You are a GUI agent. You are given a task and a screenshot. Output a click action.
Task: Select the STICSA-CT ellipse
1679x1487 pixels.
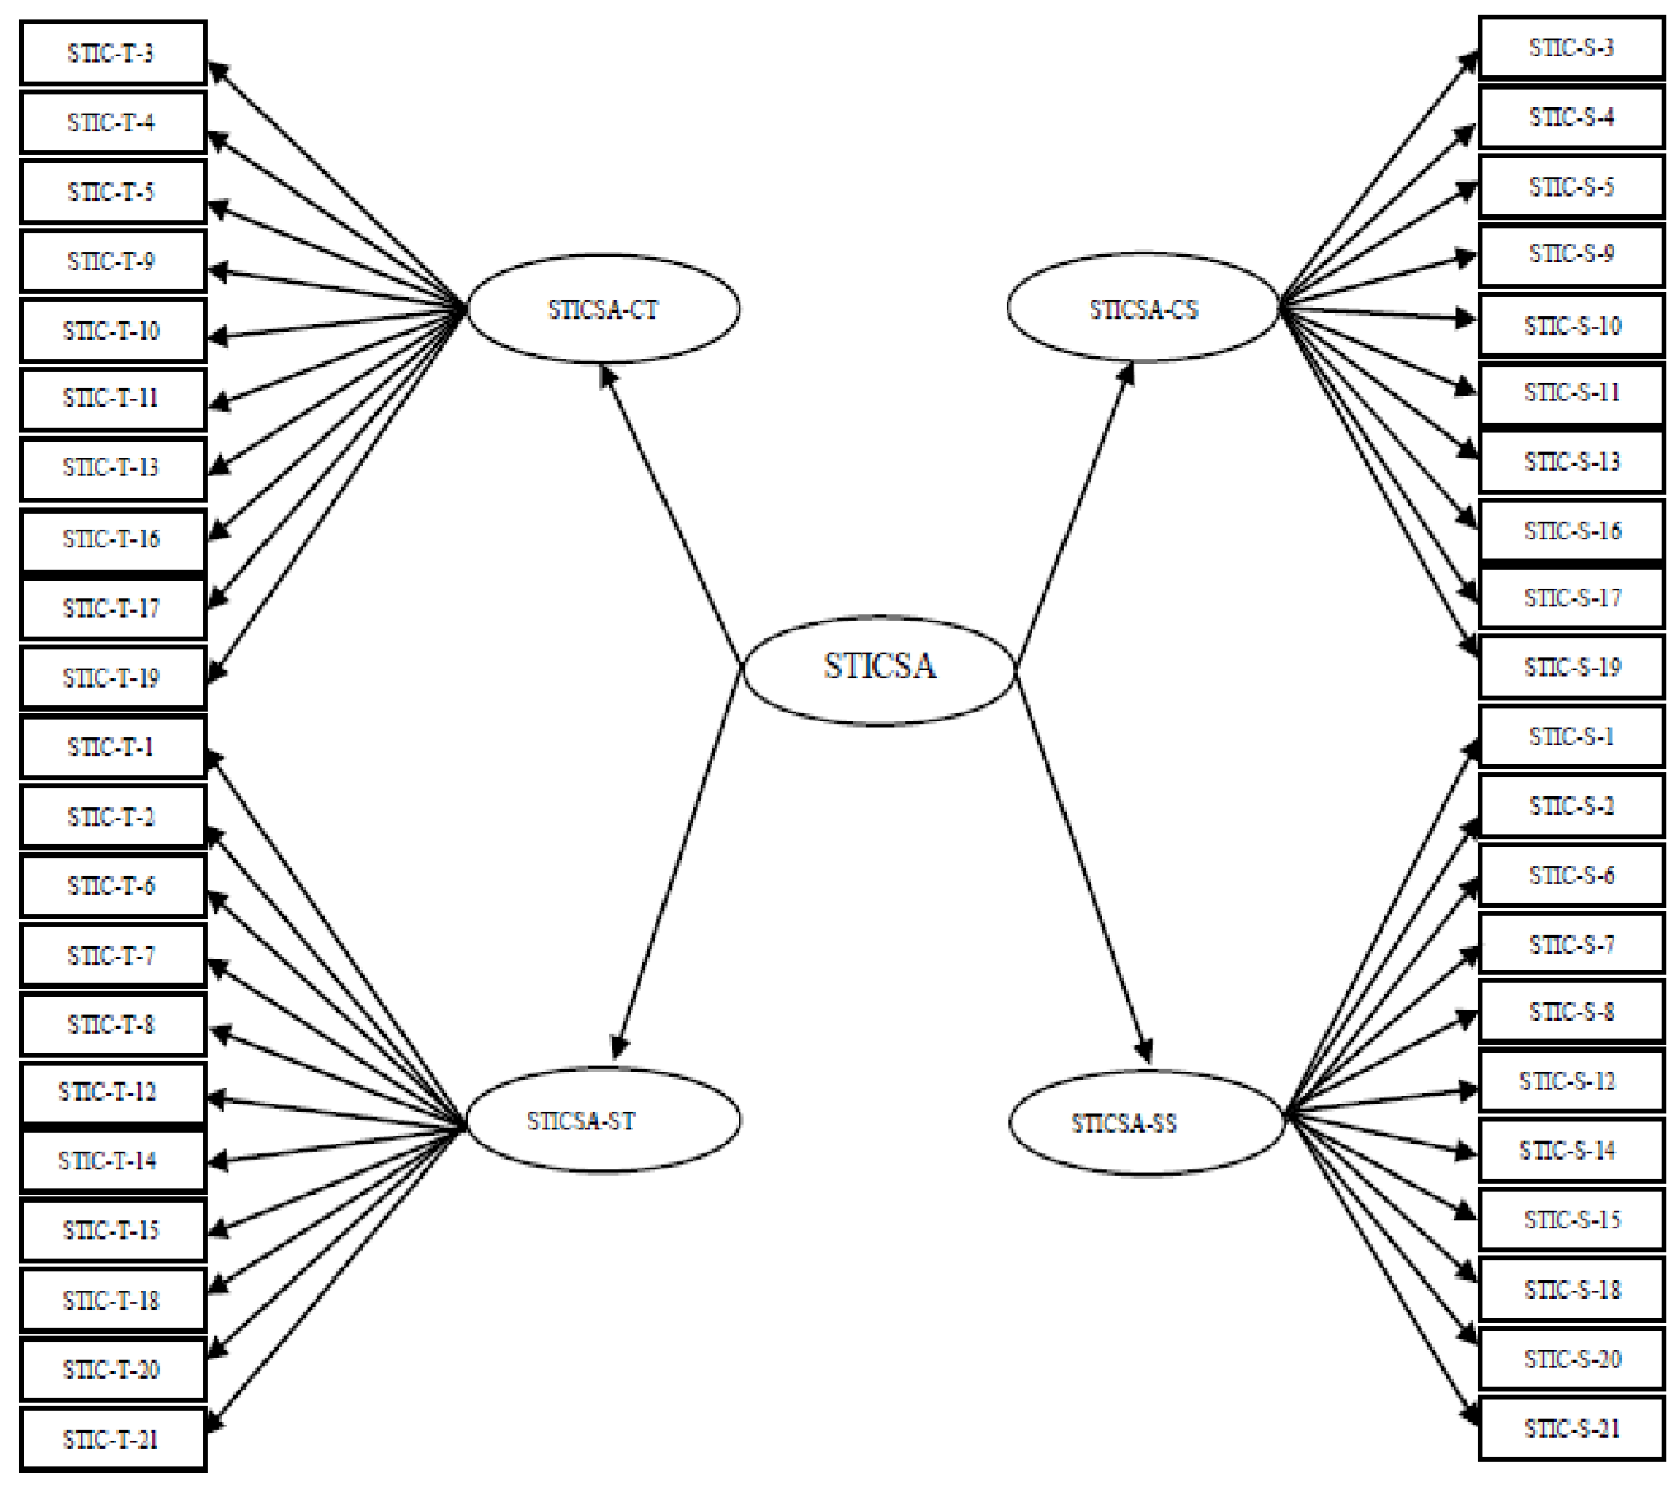[604, 309]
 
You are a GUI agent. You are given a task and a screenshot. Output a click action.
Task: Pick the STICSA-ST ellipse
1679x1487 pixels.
[604, 1120]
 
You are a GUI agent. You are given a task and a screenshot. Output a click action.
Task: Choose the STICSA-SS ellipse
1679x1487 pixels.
[1146, 1123]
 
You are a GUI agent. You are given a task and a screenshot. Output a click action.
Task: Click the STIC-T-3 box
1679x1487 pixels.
[113, 53]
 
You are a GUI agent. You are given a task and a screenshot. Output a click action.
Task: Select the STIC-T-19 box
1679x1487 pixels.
[113, 677]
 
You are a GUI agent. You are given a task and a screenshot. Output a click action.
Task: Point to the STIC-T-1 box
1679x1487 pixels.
[113, 747]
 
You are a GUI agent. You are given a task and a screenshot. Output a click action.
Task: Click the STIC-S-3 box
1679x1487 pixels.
[1571, 48]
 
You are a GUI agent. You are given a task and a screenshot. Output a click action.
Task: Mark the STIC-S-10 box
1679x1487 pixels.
[1571, 326]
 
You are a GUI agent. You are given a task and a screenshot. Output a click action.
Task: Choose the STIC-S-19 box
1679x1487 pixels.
[1571, 667]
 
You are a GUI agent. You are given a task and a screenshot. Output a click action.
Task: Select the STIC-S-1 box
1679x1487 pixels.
[1571, 736]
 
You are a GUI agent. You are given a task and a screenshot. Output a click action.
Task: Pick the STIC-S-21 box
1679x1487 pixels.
[1571, 1429]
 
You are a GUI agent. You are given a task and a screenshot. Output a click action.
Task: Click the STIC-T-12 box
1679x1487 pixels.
[113, 1092]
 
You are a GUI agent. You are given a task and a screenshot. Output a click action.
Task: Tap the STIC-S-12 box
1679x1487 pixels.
[1571, 1081]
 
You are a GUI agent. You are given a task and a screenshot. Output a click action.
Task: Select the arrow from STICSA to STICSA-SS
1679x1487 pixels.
[1083, 866]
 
